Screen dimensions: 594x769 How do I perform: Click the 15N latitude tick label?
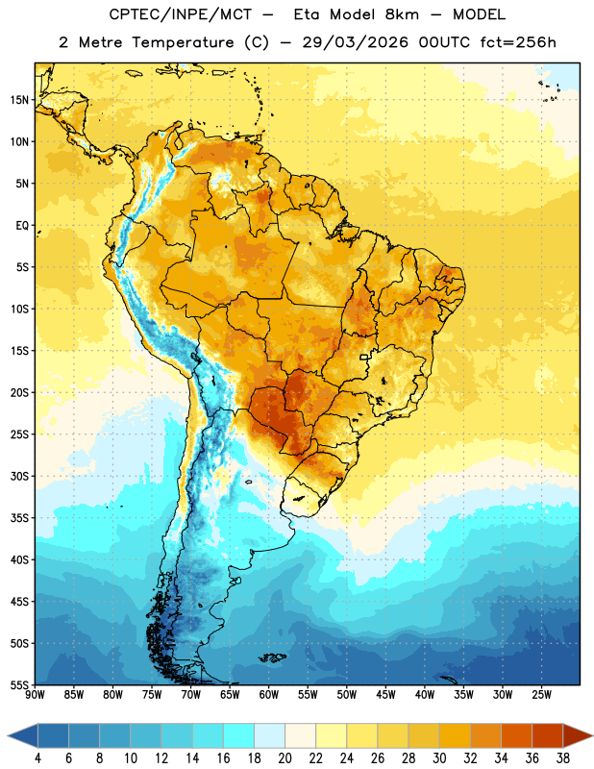point(19,100)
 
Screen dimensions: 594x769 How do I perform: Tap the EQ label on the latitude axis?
point(22,226)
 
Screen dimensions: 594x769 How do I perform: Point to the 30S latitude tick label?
point(19,476)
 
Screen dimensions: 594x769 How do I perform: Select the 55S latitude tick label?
point(19,684)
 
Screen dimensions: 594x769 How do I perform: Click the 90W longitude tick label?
point(35,695)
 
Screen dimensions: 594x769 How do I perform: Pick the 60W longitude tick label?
point(269,695)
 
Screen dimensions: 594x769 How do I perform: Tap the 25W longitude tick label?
point(541,695)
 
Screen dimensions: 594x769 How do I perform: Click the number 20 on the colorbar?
point(285,758)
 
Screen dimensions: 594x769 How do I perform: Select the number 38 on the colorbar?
point(563,758)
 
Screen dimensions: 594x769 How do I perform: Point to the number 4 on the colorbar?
point(37,758)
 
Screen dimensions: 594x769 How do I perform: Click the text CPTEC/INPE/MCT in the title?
point(180,14)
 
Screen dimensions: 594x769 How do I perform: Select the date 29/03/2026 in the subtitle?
point(355,42)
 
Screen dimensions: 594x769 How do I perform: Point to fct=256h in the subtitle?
point(518,42)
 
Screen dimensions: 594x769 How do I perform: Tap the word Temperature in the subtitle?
point(182,42)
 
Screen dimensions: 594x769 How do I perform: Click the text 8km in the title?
point(402,14)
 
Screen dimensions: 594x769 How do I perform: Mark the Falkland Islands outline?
point(273,657)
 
